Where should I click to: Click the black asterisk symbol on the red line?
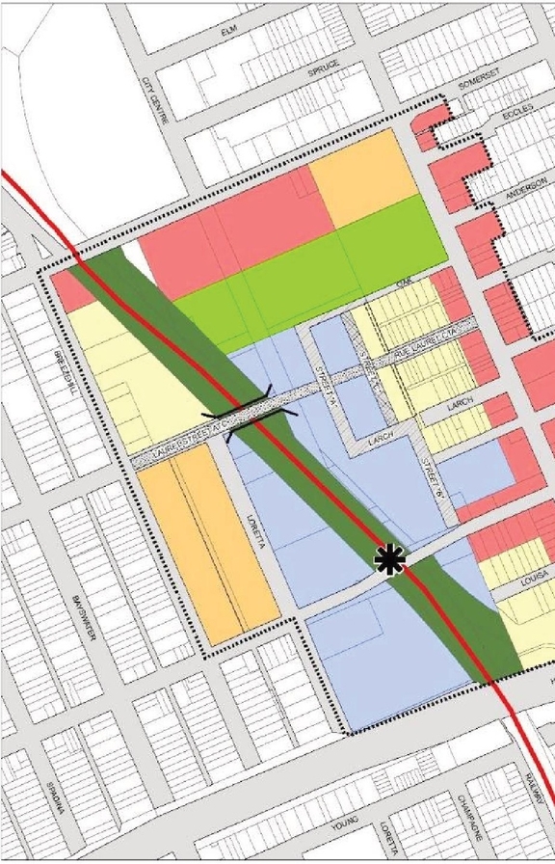tap(390, 559)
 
